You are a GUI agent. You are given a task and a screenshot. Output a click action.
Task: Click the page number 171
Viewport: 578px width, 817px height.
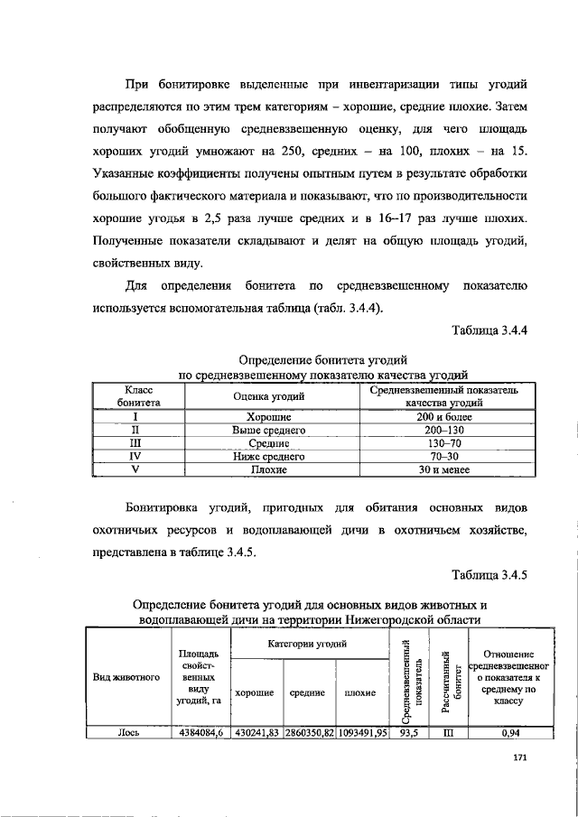coord(518,758)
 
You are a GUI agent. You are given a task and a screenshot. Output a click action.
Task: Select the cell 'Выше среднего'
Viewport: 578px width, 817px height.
coord(269,432)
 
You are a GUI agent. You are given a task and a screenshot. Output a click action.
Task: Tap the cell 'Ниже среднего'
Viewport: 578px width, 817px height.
coord(269,458)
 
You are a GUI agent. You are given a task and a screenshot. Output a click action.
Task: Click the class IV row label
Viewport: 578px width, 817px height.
coord(134,458)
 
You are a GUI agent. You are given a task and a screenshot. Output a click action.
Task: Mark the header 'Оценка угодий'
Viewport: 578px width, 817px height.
coord(269,396)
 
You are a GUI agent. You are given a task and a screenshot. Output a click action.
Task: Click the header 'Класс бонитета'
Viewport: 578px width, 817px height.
coord(134,396)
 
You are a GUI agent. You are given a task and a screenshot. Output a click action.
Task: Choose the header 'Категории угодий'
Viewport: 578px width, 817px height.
coord(309,644)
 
